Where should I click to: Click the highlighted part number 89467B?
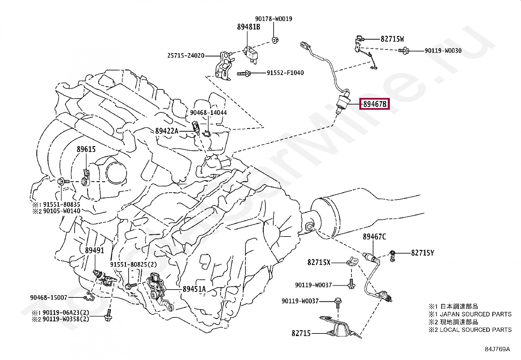(x=374, y=104)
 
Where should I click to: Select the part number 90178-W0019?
(x=274, y=19)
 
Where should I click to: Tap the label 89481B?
(x=248, y=27)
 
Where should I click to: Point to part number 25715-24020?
(x=186, y=56)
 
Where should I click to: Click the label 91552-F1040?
(x=285, y=73)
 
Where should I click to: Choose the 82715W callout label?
(x=392, y=39)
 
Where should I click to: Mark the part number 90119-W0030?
(x=443, y=50)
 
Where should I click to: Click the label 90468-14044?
(x=208, y=112)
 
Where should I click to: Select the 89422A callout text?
(x=167, y=131)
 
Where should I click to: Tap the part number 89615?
(x=86, y=149)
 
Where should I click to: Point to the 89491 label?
(x=95, y=250)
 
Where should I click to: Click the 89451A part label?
(x=194, y=289)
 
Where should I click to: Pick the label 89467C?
(x=374, y=237)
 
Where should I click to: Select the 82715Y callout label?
(x=422, y=253)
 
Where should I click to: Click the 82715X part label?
(x=319, y=262)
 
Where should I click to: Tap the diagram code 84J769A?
(x=497, y=349)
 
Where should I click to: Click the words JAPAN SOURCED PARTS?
(x=476, y=314)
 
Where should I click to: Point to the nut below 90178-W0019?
(x=275, y=40)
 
